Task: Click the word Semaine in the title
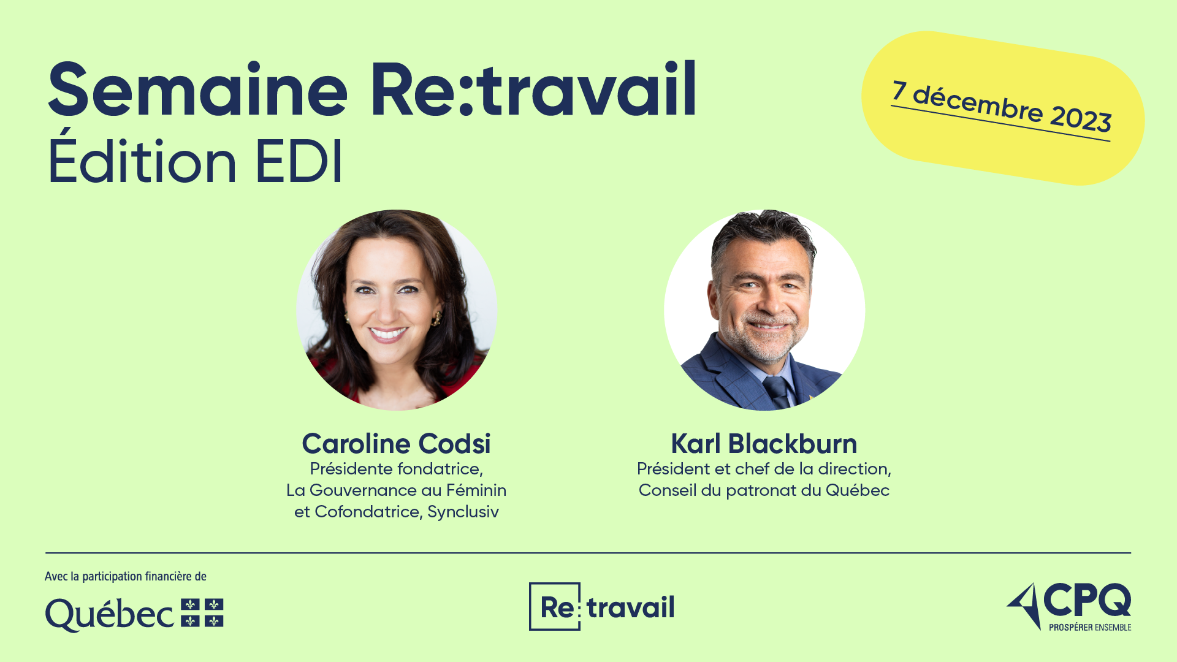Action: point(198,89)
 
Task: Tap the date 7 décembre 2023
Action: point(1002,107)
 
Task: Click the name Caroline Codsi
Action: point(396,444)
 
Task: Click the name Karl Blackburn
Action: point(764,444)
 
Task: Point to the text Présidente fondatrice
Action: point(396,469)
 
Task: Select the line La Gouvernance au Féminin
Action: point(396,490)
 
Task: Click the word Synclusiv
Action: point(463,512)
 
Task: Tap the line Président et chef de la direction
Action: point(764,469)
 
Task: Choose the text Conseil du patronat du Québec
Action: point(764,490)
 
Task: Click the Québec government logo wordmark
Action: point(109,614)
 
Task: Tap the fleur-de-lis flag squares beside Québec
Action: point(202,613)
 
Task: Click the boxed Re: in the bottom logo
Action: point(555,606)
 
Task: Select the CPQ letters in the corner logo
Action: point(1087,600)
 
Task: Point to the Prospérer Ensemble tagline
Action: point(1090,627)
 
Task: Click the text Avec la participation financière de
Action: point(126,577)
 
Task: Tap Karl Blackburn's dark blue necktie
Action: point(776,391)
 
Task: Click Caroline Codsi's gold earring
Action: point(437,319)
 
